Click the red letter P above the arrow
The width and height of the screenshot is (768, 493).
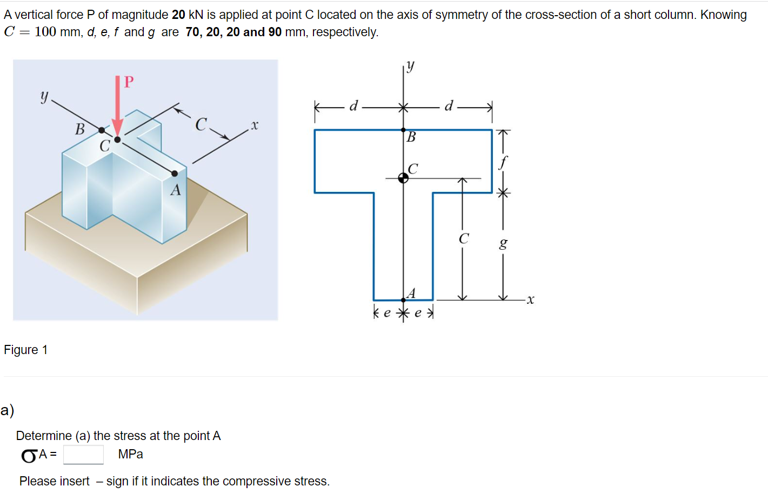pos(129,82)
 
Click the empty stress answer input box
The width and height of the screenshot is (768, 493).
pos(83,455)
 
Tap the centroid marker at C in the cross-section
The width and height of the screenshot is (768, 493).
pos(403,178)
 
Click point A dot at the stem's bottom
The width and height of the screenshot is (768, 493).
pos(403,300)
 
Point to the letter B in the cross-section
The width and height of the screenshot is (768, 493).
pos(411,137)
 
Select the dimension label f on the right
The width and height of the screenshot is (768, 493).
pos(503,162)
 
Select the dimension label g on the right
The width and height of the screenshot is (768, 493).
pos(503,243)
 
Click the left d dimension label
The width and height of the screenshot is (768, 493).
pos(353,106)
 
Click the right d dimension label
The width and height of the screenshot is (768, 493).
pos(449,106)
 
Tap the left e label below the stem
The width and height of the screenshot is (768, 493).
pos(387,313)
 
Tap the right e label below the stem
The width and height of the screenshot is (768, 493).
pos(418,313)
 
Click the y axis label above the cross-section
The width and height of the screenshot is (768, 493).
pos(411,66)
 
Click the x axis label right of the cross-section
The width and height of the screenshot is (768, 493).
pos(530,299)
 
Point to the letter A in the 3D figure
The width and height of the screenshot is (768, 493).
pos(176,190)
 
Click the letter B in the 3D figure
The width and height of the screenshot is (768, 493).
pos(80,129)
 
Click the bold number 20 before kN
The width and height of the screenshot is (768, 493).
pos(178,15)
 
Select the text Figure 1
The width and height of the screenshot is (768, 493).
pos(25,350)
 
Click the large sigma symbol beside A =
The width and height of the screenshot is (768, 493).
pos(29,456)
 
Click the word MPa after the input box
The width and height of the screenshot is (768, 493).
pos(130,454)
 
